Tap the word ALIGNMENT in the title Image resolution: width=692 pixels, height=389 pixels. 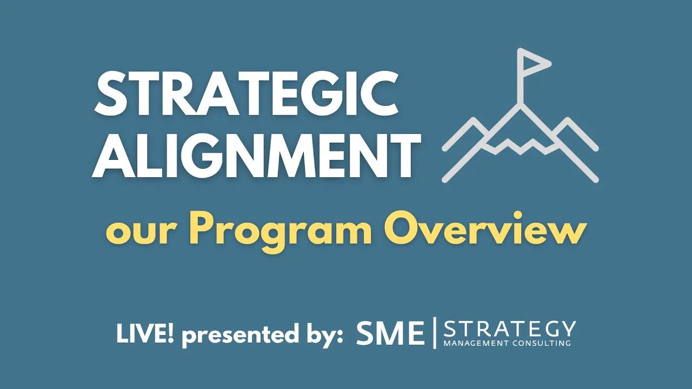click(256, 156)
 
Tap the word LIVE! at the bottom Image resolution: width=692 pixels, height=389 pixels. click(145, 336)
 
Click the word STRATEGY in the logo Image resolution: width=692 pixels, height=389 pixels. click(509, 329)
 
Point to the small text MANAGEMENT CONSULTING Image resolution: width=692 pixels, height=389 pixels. click(507, 343)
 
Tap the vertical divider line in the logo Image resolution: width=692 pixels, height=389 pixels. click(434, 333)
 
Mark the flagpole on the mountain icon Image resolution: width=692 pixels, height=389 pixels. click(520, 81)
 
